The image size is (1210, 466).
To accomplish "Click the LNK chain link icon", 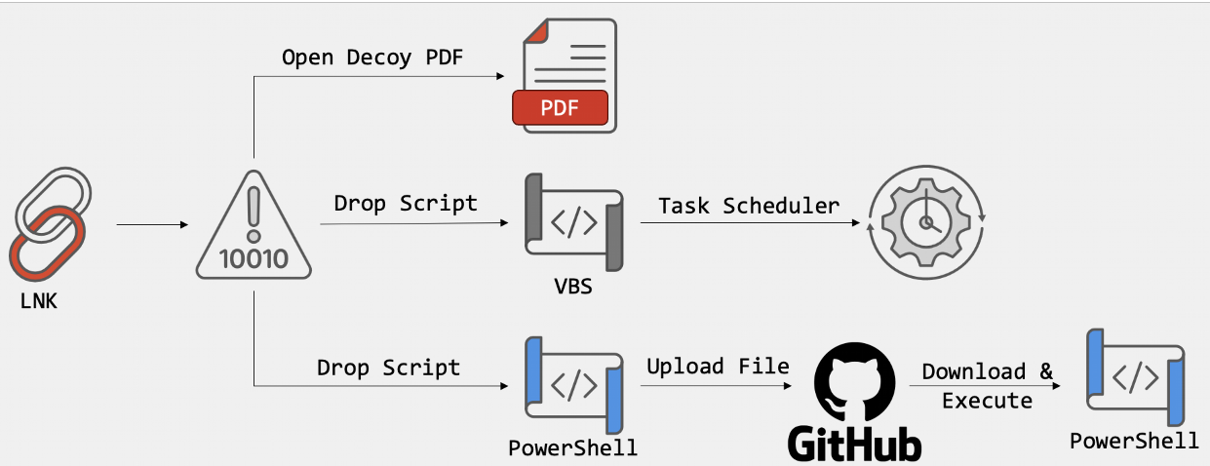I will click(x=52, y=223).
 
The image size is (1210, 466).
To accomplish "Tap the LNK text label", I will click(x=39, y=302).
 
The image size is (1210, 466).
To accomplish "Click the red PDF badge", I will click(x=561, y=109).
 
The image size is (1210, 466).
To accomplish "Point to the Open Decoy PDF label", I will click(x=372, y=58).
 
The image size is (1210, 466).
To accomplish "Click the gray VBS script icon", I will click(x=574, y=223).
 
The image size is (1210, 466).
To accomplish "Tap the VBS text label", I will click(x=573, y=290).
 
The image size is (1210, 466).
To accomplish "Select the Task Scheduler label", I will click(x=749, y=205).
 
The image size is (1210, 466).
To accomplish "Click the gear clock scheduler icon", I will click(x=927, y=223).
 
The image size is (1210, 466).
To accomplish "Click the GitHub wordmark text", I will click(x=855, y=445).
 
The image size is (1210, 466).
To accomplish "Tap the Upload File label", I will click(x=719, y=367).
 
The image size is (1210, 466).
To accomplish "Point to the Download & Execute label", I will click(x=987, y=386).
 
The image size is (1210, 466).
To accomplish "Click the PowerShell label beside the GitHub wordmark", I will click(x=572, y=449).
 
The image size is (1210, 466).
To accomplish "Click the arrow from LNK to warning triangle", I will click(x=152, y=225).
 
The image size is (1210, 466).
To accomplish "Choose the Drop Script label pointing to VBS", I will click(x=406, y=203).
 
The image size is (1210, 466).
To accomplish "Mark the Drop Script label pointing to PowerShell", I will click(x=388, y=368).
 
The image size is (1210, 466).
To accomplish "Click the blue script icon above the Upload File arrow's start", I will click(x=574, y=385).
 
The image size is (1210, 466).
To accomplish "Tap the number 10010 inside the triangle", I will click(x=254, y=258).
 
